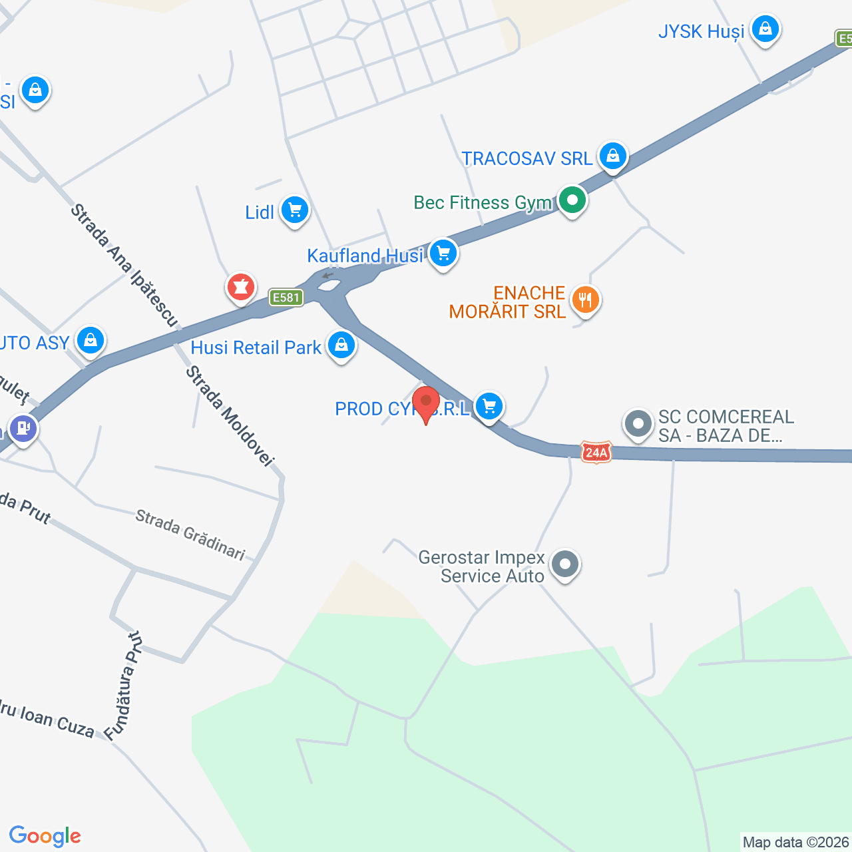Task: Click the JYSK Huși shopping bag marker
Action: point(765,29)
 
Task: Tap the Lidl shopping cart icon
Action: point(294,210)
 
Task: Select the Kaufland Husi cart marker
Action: point(443,254)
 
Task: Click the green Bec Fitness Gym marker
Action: point(572,200)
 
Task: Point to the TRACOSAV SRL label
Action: point(527,158)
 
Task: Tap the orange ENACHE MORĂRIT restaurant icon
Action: point(585,300)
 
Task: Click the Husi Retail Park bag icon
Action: point(341,345)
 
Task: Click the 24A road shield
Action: point(596,453)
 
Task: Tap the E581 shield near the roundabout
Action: point(287,298)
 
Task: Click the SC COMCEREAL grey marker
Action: point(638,423)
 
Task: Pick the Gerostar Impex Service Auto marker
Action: point(565,564)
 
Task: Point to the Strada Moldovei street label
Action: point(230,416)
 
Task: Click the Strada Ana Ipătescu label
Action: point(125,266)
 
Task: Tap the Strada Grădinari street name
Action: point(190,534)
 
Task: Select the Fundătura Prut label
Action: point(124,686)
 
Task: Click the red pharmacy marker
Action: point(240,288)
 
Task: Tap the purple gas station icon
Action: point(23,428)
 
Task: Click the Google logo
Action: point(45,836)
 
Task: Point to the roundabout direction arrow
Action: point(327,276)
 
